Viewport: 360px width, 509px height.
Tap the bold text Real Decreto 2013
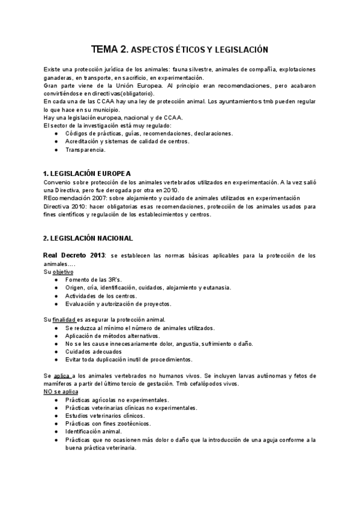[x=74, y=256]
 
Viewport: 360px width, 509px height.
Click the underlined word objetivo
[x=62, y=272]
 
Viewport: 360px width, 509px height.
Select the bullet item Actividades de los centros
[x=101, y=296]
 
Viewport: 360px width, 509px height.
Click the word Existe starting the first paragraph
[x=53, y=70]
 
